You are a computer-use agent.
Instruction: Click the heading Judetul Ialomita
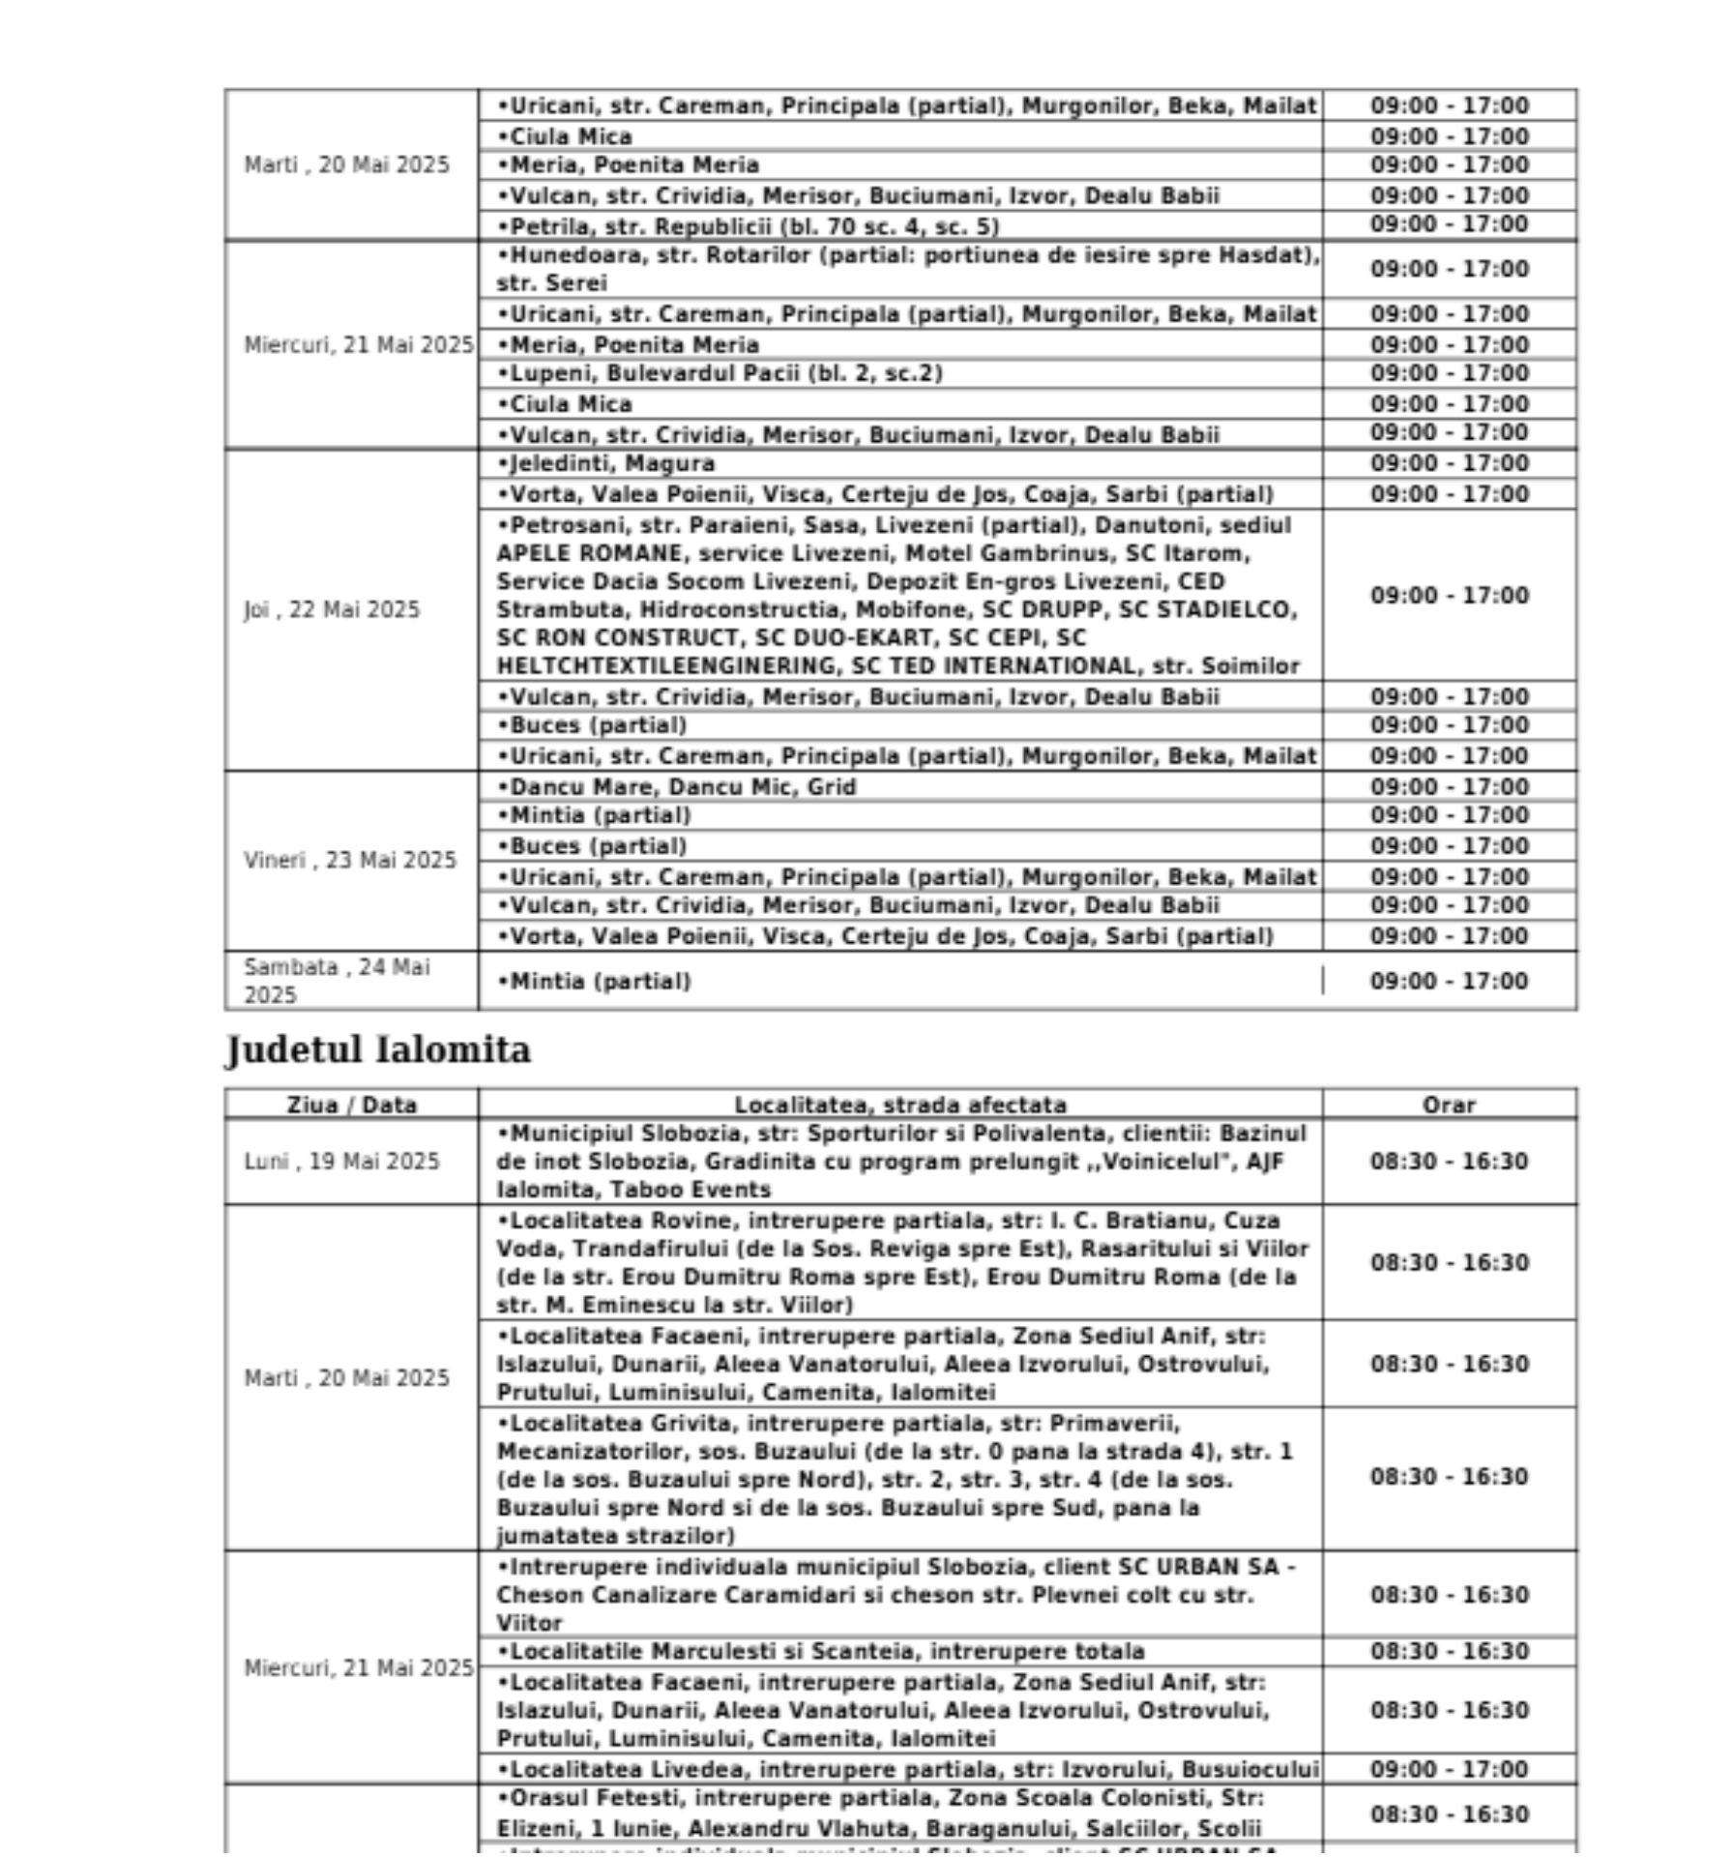[x=378, y=1050]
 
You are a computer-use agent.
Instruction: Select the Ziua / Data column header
[x=351, y=1105]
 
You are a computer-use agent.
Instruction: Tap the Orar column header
[x=1449, y=1105]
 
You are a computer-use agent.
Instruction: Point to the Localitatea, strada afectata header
[x=900, y=1105]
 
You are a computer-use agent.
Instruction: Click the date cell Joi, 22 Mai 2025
[x=332, y=610]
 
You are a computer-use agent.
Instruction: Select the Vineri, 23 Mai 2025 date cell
[x=349, y=861]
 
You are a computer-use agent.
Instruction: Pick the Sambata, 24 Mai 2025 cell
[x=337, y=981]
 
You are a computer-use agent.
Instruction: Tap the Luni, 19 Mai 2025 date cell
[x=341, y=1162]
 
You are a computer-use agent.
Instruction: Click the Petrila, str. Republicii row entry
[x=749, y=226]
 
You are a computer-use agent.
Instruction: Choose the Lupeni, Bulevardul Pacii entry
[x=720, y=373]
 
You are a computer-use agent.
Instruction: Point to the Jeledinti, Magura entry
[x=606, y=464]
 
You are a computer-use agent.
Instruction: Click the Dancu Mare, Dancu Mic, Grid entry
[x=677, y=787]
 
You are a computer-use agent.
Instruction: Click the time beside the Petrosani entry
[x=1449, y=596]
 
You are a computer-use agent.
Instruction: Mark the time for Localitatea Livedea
[x=1449, y=1769]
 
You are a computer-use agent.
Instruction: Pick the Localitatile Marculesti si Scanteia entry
[x=821, y=1651]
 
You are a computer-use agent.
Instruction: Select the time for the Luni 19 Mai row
[x=1449, y=1162]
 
